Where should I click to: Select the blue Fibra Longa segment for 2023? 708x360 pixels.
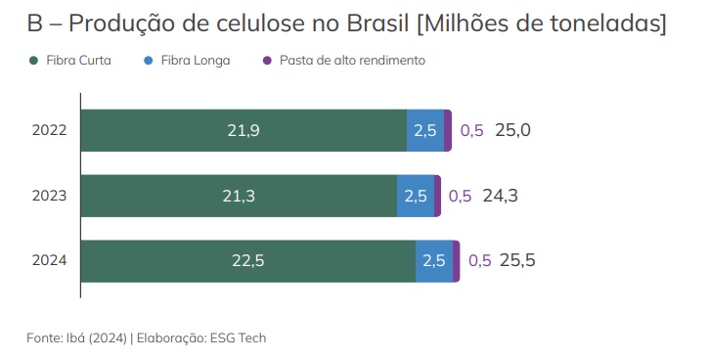(x=415, y=196)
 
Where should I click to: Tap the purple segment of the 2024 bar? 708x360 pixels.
(x=457, y=260)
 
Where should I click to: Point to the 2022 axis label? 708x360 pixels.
(x=49, y=130)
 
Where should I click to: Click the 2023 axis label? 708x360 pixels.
(x=49, y=196)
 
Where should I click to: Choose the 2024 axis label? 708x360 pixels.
(x=49, y=260)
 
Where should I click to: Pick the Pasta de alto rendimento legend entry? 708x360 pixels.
(x=351, y=61)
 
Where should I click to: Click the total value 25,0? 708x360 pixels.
(x=512, y=130)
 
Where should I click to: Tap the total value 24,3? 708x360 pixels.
(x=500, y=196)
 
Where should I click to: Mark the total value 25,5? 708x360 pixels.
(x=517, y=260)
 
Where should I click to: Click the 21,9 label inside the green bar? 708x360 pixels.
(x=243, y=130)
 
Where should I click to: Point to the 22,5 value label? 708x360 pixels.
(x=247, y=260)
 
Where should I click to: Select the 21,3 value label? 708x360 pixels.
(x=239, y=196)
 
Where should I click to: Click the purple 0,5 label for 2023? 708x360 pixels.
(x=460, y=196)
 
